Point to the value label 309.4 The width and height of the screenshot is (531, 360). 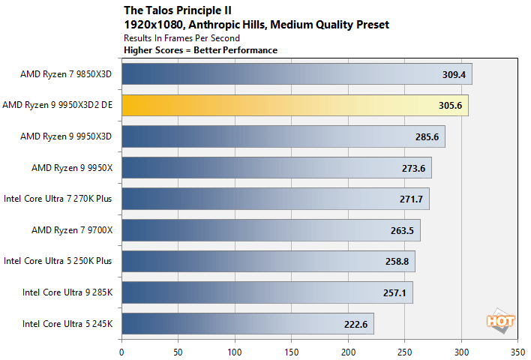pos(454,74)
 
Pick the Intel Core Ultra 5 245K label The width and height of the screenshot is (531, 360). pos(67,324)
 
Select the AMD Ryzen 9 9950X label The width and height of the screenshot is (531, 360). pos(72,167)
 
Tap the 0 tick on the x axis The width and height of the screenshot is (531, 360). pos(121,349)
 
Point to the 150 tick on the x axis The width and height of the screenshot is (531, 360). pos(291,349)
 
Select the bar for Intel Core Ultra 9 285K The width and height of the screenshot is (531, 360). pos(267,292)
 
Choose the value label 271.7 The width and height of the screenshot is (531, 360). pos(412,199)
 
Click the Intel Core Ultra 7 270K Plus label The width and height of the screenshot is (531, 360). pos(58,199)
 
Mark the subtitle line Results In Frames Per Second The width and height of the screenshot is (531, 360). pos(181,37)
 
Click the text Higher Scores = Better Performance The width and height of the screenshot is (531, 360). pos(200,50)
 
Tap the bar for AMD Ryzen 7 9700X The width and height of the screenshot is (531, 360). pos(271,230)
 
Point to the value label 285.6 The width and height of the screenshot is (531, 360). pos(427,136)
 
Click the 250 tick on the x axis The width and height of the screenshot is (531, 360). pos(404,349)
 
